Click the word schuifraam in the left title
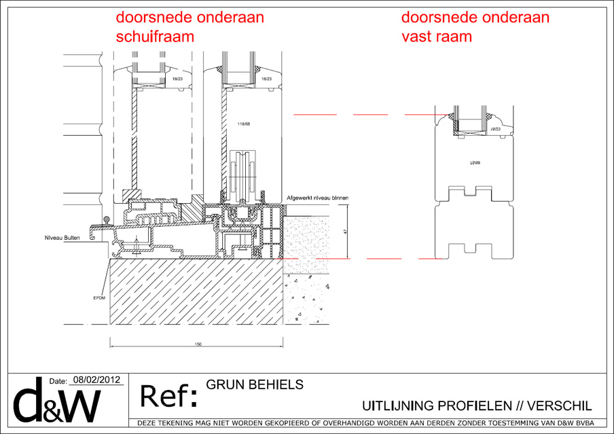point(156,37)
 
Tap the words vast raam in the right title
point(437,37)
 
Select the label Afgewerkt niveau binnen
point(318,198)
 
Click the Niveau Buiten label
point(58,238)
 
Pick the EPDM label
point(99,297)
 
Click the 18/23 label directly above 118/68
point(266,79)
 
